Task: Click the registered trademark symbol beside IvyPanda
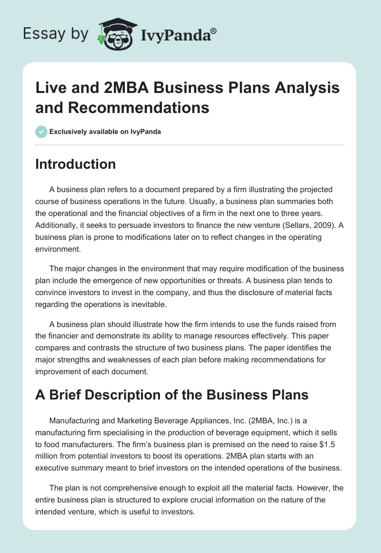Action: coord(213,31)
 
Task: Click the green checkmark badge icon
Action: coord(41,132)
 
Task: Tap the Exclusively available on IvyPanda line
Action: coord(105,132)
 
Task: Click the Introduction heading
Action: coord(76,164)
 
